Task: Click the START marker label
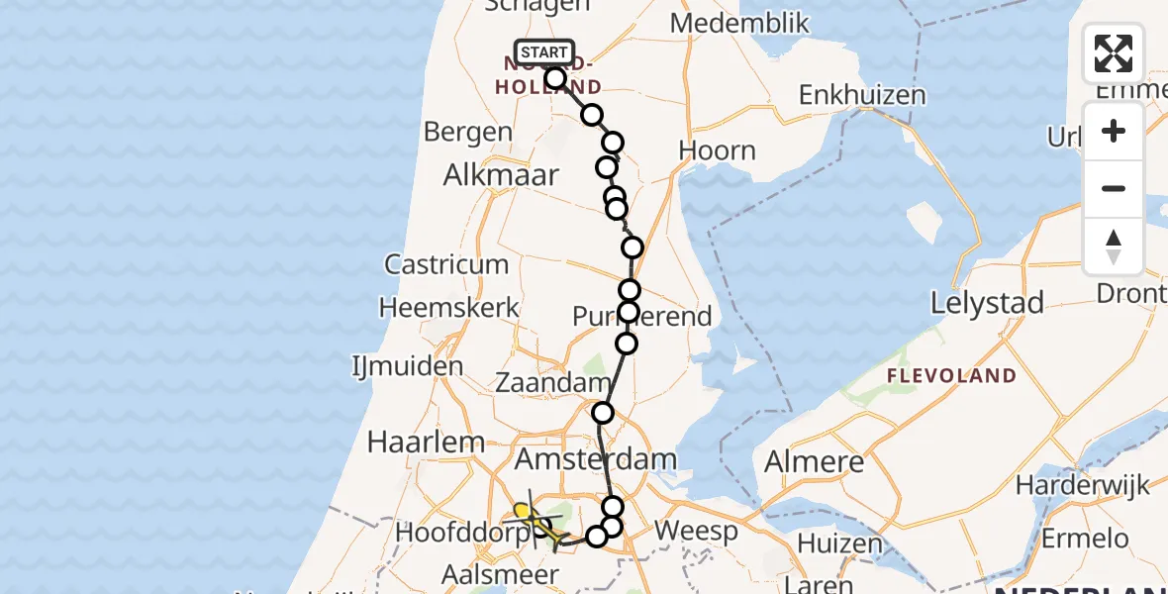tap(543, 52)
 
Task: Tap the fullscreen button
tap(1114, 53)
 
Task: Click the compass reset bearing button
tap(1114, 247)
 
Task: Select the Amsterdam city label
tap(595, 458)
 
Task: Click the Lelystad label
tap(987, 303)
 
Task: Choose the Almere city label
tap(814, 461)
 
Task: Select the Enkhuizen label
tap(862, 96)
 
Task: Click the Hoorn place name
tap(718, 150)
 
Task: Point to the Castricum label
tap(446, 264)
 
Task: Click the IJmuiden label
tap(407, 366)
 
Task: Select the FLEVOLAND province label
tap(950, 375)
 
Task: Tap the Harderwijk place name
tap(1083, 485)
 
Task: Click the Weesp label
tap(696, 531)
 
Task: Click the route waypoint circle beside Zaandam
tap(602, 413)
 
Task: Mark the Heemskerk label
tap(449, 308)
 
